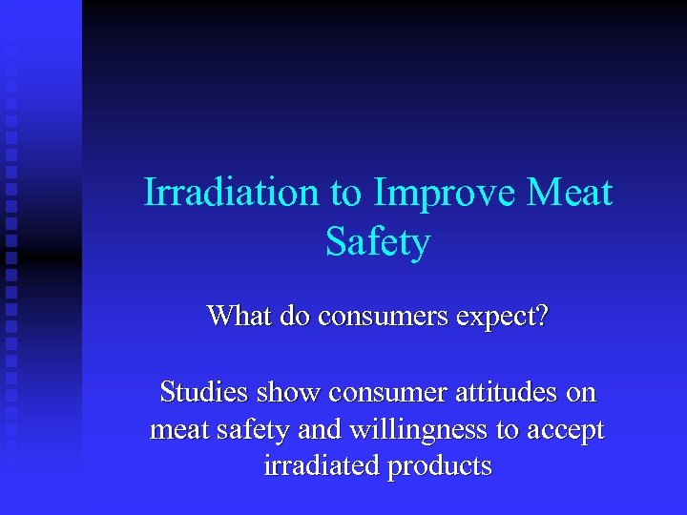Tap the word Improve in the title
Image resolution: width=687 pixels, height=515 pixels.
tap(446, 193)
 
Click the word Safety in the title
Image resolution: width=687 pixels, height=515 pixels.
tap(377, 242)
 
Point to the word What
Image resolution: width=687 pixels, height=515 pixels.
tap(241, 316)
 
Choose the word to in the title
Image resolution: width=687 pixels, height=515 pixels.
tap(346, 193)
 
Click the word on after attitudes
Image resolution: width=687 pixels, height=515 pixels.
tap(580, 392)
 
